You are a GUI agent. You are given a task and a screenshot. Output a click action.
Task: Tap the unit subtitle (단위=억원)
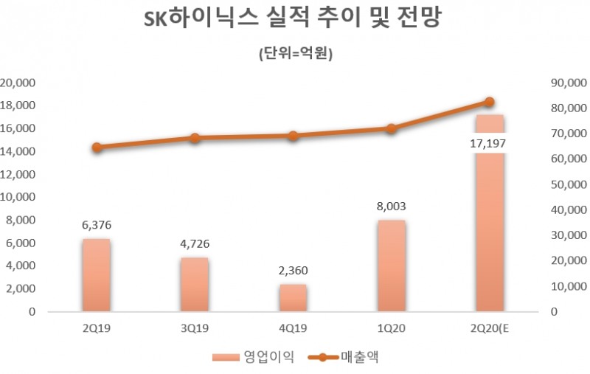click(294, 55)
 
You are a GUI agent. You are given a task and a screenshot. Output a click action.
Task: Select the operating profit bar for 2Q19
click(97, 274)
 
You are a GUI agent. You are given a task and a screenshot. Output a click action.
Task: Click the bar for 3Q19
click(195, 284)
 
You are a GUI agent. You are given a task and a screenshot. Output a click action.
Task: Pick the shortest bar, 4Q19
click(293, 297)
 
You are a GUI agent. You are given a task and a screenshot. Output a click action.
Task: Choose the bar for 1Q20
click(391, 266)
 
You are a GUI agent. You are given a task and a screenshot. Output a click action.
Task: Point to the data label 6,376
click(97, 224)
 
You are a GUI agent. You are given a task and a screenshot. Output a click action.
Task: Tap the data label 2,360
click(293, 270)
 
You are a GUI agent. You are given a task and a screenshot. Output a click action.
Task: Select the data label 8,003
click(391, 206)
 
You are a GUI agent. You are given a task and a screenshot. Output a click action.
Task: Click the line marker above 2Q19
click(97, 148)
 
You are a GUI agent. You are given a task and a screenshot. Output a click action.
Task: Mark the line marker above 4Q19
click(293, 136)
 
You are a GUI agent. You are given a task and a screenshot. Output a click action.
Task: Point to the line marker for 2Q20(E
click(489, 102)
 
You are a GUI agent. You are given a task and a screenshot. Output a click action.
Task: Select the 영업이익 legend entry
click(254, 358)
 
